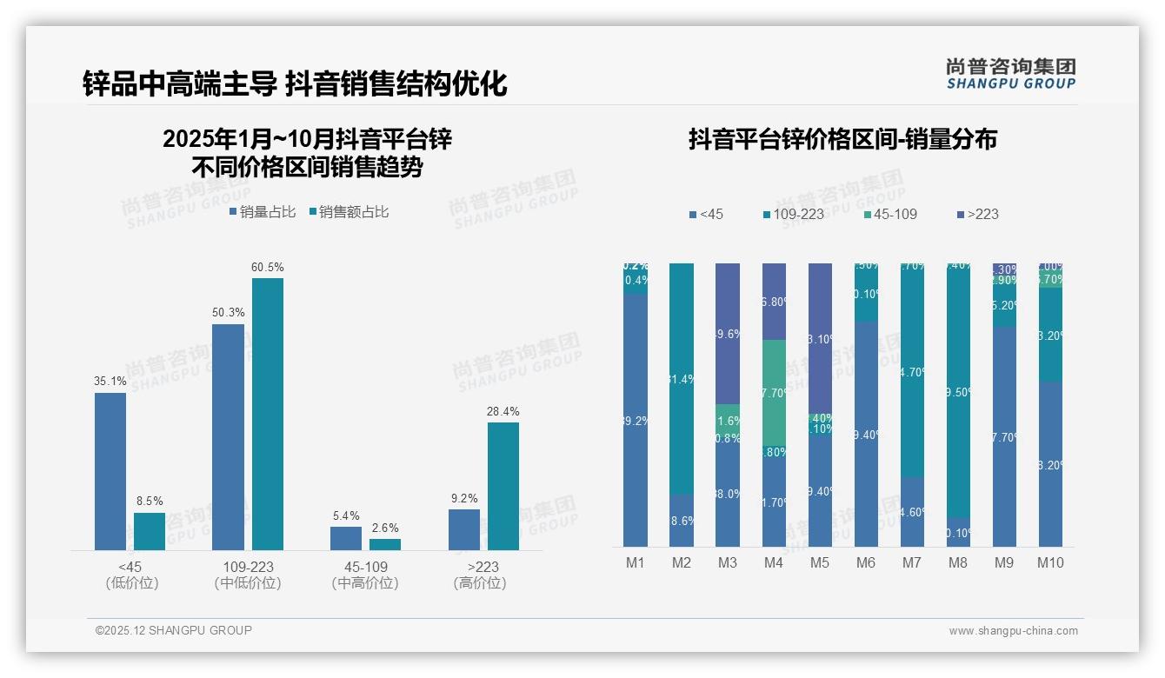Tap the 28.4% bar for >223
click(503, 486)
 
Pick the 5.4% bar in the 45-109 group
click(346, 538)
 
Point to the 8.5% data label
click(150, 502)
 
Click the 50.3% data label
click(228, 313)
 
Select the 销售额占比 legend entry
click(349, 212)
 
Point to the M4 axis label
click(774, 563)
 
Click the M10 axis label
click(1050, 563)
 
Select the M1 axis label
click(636, 563)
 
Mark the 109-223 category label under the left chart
click(249, 568)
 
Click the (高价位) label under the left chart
click(479, 583)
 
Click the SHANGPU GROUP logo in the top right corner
click(1010, 74)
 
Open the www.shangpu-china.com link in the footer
click(1013, 631)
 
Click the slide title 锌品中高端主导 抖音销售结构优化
click(295, 84)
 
